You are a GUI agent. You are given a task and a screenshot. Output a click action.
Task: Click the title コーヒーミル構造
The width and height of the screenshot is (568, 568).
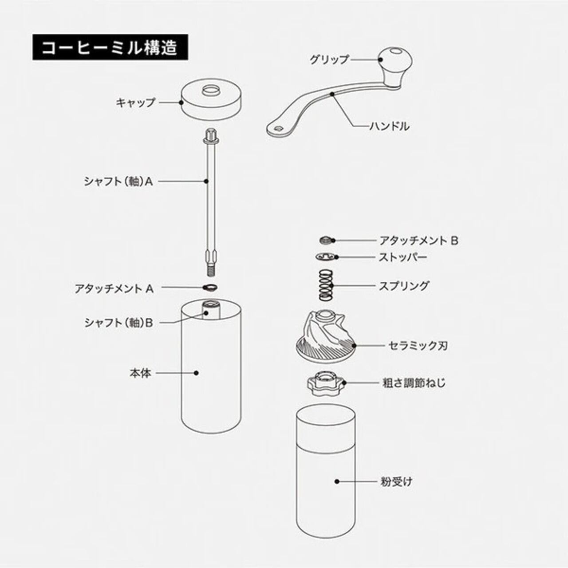(109, 47)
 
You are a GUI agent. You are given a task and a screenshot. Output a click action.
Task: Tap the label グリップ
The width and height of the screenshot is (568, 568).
(329, 59)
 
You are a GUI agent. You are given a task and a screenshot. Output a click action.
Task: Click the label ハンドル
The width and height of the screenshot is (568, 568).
(389, 126)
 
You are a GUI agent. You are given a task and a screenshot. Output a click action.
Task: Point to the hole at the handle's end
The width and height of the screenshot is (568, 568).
(277, 128)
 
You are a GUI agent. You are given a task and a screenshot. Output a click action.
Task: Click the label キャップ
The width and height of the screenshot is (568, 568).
(135, 103)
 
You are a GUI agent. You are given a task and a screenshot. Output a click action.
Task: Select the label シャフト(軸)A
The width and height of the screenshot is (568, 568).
(118, 181)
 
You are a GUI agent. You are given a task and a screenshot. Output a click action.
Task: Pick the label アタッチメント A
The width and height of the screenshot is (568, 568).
(114, 288)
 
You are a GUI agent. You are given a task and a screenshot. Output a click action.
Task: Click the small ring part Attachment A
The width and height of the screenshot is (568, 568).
(210, 288)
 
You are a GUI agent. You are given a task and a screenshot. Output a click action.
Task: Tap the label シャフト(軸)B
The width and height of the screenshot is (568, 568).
(118, 323)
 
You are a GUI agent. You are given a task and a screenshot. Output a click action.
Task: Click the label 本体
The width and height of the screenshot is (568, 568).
(140, 373)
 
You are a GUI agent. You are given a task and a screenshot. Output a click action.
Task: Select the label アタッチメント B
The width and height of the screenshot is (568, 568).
(418, 241)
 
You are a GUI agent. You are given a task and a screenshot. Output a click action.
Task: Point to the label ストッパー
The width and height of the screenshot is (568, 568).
(402, 257)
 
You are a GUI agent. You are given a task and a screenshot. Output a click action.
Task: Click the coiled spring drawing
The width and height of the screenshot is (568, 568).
(326, 285)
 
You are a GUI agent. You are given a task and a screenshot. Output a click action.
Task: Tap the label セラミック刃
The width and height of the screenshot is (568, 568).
(418, 345)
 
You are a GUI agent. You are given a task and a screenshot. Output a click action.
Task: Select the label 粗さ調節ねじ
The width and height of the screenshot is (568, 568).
(414, 383)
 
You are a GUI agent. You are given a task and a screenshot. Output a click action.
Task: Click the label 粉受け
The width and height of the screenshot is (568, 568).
(396, 481)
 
